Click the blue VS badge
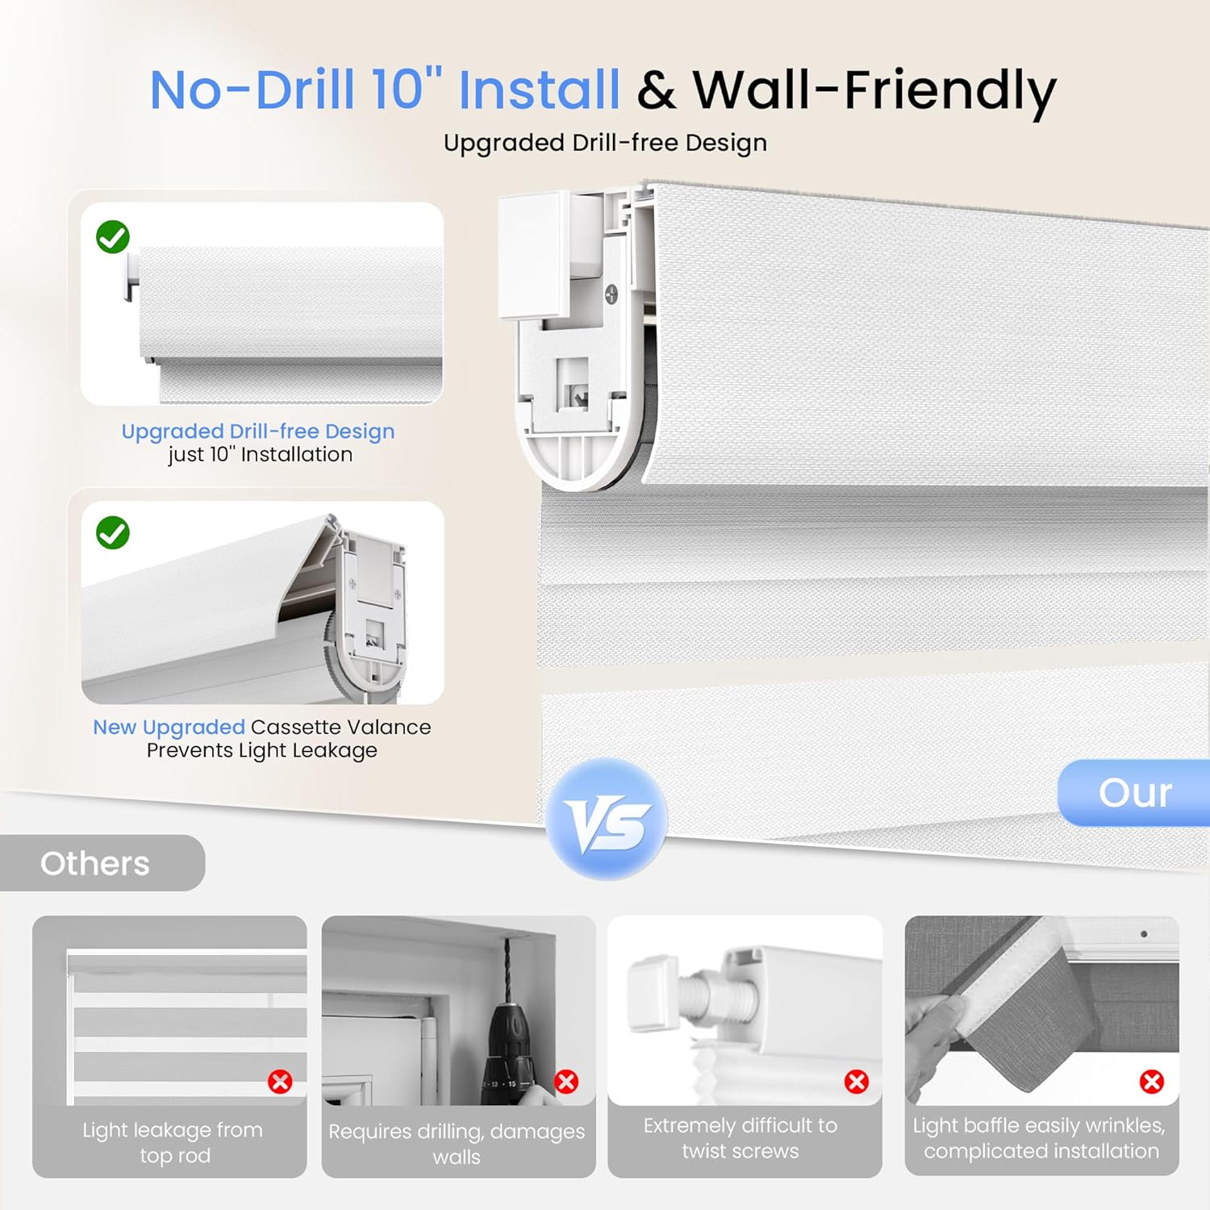607,820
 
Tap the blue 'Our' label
1134,793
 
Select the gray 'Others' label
95,863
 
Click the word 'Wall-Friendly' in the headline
874,90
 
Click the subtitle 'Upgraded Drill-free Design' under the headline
605,143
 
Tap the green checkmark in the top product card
113,237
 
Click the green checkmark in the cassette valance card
113,533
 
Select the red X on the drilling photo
566,1081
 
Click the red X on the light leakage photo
280,1081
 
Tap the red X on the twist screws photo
856,1081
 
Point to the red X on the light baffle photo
1151,1081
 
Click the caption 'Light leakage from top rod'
173,1142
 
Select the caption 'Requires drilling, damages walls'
457,1143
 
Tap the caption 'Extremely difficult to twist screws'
741,1137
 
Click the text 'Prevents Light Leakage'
261,750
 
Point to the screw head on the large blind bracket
611,294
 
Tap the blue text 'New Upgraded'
169,727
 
